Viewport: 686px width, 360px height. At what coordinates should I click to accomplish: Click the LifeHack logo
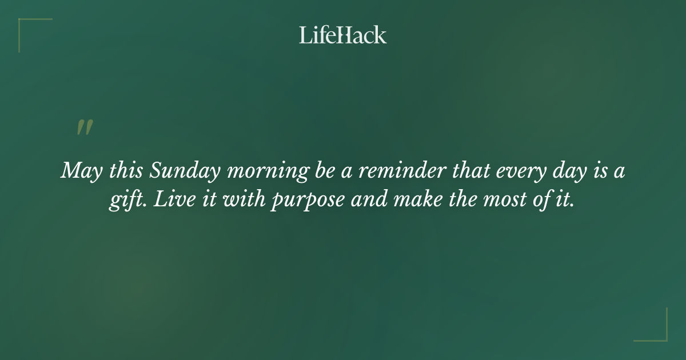[343, 35]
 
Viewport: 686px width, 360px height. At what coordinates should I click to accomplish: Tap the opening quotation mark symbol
[85, 127]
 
